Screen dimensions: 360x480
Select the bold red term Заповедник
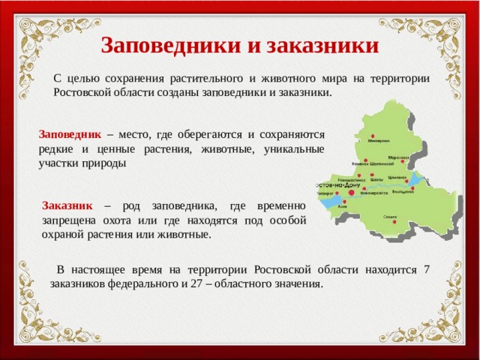70,134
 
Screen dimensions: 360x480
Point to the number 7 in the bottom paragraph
426,270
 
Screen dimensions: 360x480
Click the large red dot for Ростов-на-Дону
351,193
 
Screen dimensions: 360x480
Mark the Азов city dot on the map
343,202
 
